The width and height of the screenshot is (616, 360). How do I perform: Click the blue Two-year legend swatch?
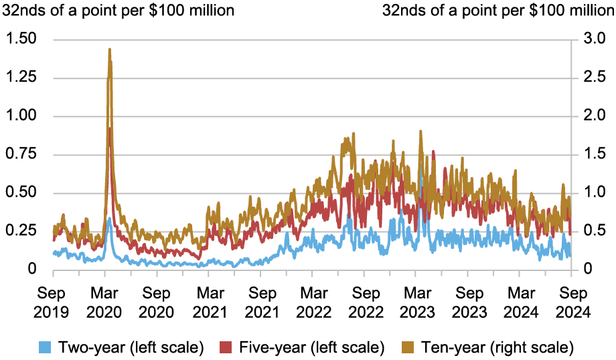coord(46,347)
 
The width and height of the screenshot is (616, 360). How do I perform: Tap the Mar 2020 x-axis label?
coord(104,302)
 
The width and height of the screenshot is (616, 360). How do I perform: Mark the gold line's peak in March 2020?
coord(109,49)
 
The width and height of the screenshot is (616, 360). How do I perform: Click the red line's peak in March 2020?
coord(110,128)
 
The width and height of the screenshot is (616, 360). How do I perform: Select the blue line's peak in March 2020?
coord(109,218)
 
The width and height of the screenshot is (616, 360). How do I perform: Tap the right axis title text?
coord(497,10)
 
